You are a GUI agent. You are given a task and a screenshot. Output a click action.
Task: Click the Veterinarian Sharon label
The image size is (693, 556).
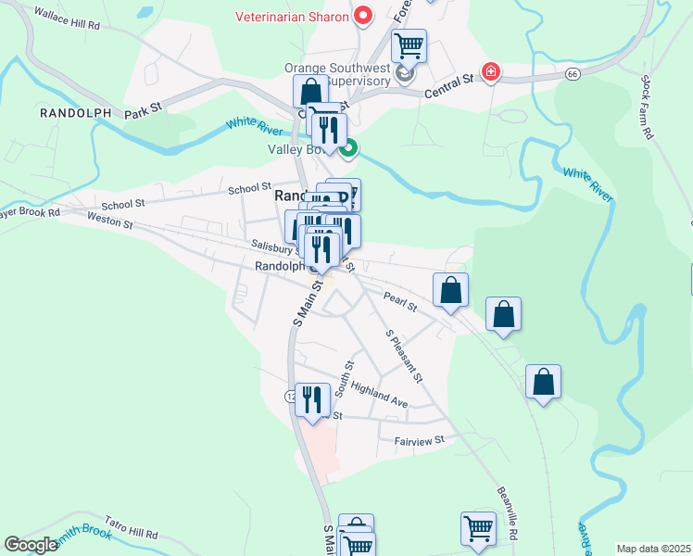click(x=292, y=17)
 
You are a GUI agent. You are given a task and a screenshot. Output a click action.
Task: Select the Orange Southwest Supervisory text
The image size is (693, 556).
click(x=339, y=73)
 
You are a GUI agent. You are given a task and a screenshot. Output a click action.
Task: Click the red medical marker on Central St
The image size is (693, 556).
click(x=489, y=72)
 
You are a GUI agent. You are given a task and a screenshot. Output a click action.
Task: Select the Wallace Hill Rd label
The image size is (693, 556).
click(x=66, y=19)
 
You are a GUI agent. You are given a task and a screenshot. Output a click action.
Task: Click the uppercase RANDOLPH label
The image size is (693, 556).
click(x=75, y=113)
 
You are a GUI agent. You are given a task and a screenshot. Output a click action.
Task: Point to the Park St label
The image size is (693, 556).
click(x=144, y=108)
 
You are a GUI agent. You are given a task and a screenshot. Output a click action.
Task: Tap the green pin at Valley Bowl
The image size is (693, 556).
click(x=348, y=147)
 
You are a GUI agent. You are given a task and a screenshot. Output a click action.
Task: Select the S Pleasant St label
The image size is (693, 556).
click(x=404, y=356)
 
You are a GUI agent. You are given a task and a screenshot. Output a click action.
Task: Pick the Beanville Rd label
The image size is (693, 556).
click(x=506, y=514)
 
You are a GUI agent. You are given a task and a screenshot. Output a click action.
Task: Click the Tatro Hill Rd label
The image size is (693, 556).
click(x=131, y=527)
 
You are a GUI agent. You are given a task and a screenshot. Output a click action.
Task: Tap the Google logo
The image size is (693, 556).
click(x=31, y=545)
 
